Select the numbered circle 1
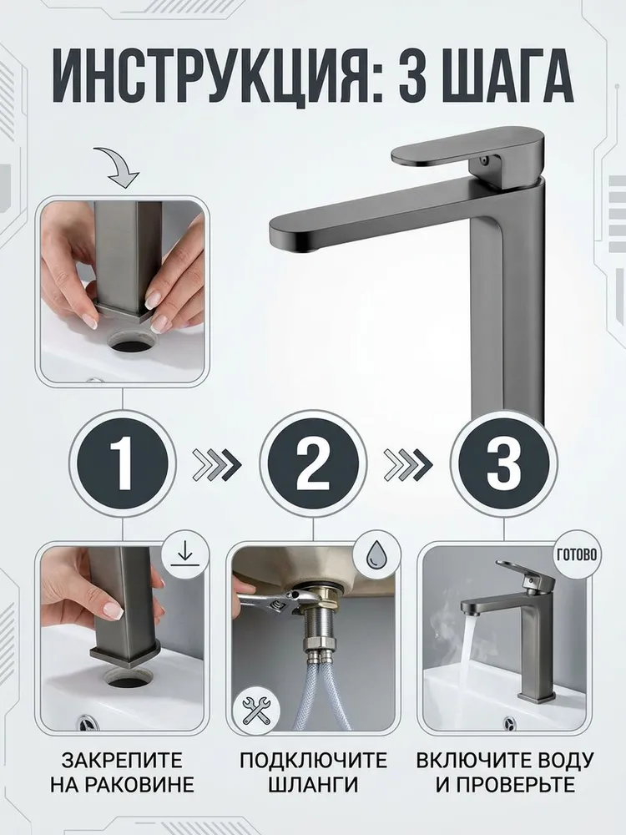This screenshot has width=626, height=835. coord(123,463)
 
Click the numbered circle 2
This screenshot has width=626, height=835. coord(313,463)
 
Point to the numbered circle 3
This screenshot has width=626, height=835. coord(503,463)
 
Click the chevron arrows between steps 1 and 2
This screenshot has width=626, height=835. coord(217,464)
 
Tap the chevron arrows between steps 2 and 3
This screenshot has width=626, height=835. coord(408,464)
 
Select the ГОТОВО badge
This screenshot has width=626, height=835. coord(578,555)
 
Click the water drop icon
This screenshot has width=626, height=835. coord(376,556)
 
